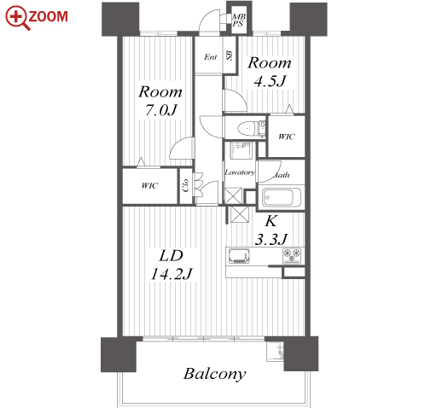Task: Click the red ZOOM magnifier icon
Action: point(17,18)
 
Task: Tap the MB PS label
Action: point(238,20)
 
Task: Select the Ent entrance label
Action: point(211,57)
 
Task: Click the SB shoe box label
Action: point(230,55)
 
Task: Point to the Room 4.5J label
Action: point(270,73)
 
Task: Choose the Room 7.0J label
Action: point(160,101)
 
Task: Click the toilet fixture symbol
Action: point(251,129)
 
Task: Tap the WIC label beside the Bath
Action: point(287,137)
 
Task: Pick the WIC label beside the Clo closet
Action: point(149,186)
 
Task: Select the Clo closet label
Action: point(185,185)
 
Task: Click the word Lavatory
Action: point(240,172)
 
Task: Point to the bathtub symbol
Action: point(281,197)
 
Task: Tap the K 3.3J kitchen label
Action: point(271,230)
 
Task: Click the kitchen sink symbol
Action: point(239,256)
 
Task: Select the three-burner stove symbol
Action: point(292,256)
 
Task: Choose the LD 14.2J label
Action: point(172,265)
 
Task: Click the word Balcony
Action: point(215,374)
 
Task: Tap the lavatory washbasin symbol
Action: point(242,150)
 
